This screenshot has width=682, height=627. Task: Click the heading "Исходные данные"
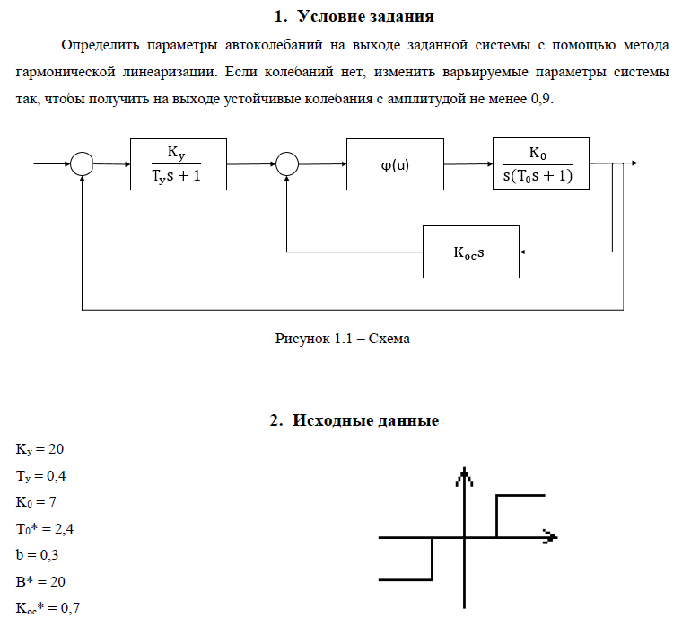pos(353,420)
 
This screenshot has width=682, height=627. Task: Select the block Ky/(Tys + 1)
pos(178,164)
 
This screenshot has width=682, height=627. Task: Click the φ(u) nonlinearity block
pos(395,164)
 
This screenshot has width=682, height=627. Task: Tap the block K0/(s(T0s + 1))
pos(540,164)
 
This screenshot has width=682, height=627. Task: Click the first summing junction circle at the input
pos(82,164)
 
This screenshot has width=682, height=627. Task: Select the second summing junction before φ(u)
pos(286,164)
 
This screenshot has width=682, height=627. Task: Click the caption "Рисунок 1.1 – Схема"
pos(342,339)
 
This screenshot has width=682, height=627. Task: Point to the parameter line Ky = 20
pos(39,447)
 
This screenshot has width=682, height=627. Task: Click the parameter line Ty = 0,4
pos(41,474)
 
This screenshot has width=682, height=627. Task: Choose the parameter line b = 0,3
pos(37,555)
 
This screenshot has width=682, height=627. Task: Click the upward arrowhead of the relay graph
pos(464,475)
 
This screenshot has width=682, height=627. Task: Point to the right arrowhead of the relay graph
pos(550,537)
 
